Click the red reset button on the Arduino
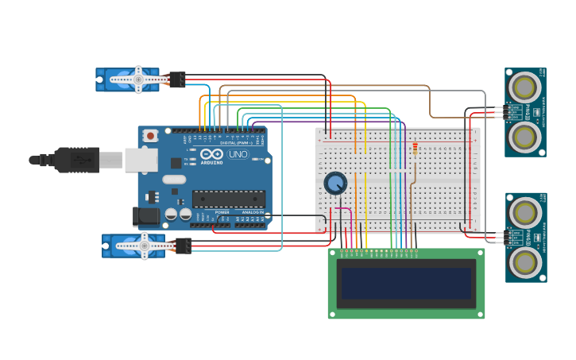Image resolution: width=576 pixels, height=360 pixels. pyautogui.click(x=151, y=136)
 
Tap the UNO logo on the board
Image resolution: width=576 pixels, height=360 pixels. pyautogui.click(x=238, y=154)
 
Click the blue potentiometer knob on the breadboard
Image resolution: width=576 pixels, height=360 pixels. pyautogui.click(x=335, y=184)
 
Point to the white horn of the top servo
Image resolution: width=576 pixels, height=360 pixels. pyautogui.click(x=138, y=79)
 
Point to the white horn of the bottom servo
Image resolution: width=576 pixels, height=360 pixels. pyautogui.click(x=144, y=246)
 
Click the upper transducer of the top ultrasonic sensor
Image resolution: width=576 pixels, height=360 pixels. pyautogui.click(x=524, y=85)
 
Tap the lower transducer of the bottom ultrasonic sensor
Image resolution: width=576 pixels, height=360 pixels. pyautogui.click(x=524, y=261)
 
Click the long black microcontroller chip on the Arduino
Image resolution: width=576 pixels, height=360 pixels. pyautogui.click(x=228, y=199)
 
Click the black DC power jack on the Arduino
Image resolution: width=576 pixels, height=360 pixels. pyautogui.click(x=146, y=215)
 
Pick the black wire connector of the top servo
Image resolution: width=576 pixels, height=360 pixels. pyautogui.click(x=177, y=79)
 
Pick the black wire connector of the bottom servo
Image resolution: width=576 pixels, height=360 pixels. pyautogui.click(x=183, y=246)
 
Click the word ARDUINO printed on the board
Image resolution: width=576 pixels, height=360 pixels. pyautogui.click(x=211, y=162)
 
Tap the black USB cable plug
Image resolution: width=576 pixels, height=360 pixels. pyautogui.click(x=77, y=160)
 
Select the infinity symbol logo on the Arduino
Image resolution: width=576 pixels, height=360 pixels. pyautogui.click(x=211, y=154)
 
